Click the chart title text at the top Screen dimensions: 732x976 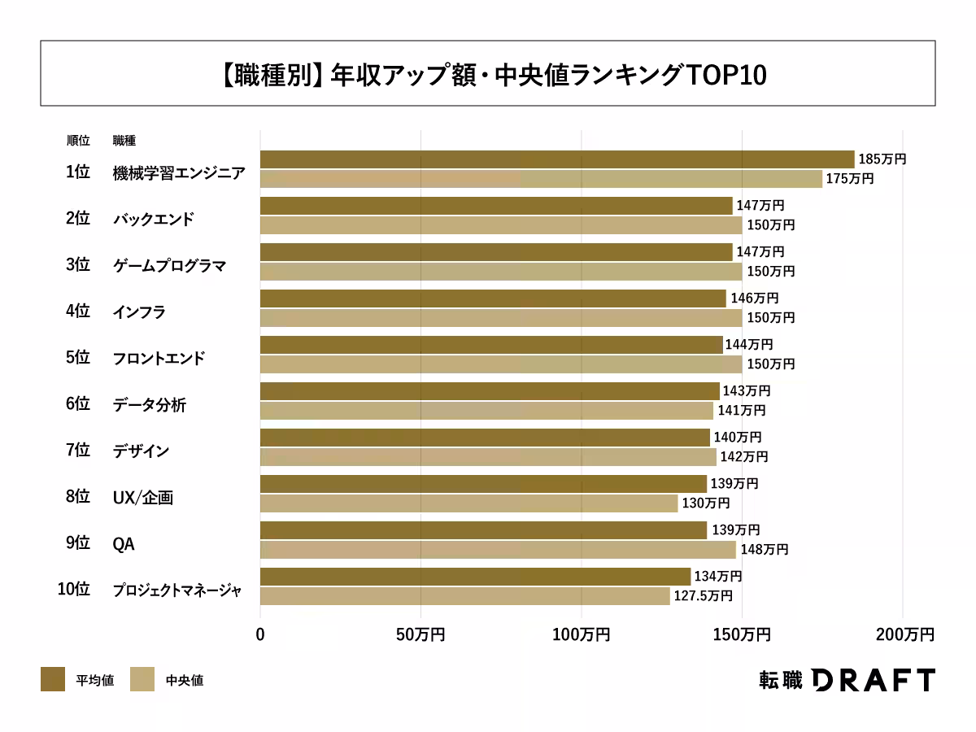pyautogui.click(x=488, y=74)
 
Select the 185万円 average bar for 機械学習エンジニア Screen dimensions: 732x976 pyautogui.click(x=557, y=159)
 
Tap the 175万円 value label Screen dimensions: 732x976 pyautogui.click(x=849, y=179)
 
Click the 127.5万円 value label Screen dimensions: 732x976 pyautogui.click(x=703, y=596)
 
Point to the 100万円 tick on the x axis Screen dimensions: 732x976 pyautogui.click(x=581, y=634)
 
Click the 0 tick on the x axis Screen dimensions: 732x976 pyautogui.click(x=260, y=634)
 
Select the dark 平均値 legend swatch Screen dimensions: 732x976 pyautogui.click(x=53, y=679)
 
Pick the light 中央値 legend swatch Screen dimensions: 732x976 pyautogui.click(x=142, y=679)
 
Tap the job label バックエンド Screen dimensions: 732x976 pyautogui.click(x=153, y=219)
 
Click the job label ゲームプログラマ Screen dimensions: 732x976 pyautogui.click(x=169, y=265)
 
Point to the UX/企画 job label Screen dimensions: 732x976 pyautogui.click(x=142, y=497)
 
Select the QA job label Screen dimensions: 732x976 pyautogui.click(x=123, y=543)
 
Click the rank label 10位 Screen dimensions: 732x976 pyautogui.click(x=73, y=590)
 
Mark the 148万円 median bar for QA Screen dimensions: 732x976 pyautogui.click(x=498, y=550)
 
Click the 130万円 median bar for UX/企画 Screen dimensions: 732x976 pyautogui.click(x=468, y=503)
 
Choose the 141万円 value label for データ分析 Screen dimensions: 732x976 pyautogui.click(x=741, y=411)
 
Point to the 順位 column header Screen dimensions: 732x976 pyautogui.click(x=78, y=141)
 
